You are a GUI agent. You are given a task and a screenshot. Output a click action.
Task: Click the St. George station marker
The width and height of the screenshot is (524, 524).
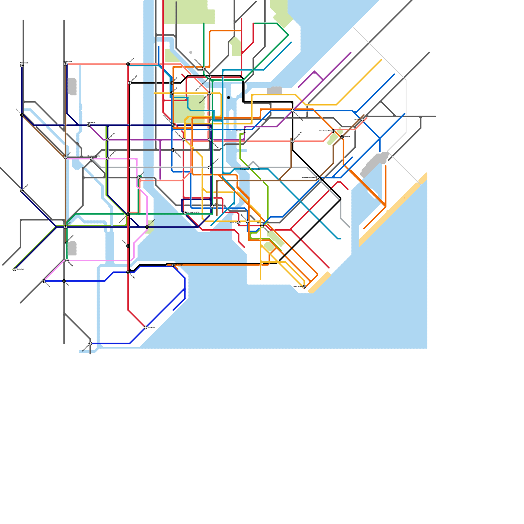click(173, 265)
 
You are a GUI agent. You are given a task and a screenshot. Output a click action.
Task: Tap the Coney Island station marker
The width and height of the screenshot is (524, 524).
click(304, 287)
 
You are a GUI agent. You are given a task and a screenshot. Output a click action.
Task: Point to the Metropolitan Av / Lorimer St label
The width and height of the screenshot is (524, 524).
click(250, 169)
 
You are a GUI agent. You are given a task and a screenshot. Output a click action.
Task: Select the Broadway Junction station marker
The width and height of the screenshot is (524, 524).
click(317, 178)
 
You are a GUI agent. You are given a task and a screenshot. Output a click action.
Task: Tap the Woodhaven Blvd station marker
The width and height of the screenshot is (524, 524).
click(333, 131)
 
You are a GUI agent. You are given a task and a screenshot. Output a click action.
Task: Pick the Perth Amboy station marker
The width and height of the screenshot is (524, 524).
click(90, 344)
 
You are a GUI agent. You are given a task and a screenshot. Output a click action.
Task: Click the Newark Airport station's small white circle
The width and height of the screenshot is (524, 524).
click(65, 243)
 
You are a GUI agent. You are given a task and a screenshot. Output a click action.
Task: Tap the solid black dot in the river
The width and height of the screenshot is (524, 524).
click(228, 98)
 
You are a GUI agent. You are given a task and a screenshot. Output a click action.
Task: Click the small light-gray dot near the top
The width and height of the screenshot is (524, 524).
click(191, 52)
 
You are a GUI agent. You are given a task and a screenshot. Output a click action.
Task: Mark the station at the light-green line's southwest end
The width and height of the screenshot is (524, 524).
click(14, 269)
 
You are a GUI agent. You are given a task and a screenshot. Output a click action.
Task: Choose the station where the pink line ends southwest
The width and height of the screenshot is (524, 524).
click(44, 281)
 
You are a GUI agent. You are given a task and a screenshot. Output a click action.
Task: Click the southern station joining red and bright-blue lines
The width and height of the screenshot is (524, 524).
click(145, 327)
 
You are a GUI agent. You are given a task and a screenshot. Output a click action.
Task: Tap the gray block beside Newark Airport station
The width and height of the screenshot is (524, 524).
click(72, 248)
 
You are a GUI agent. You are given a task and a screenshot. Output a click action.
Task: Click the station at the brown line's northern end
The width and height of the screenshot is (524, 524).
click(362, 120)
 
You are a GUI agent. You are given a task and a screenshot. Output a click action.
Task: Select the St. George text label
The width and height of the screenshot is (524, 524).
click(179, 265)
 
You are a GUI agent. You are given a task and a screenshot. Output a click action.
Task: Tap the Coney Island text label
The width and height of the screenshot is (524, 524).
click(297, 287)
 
